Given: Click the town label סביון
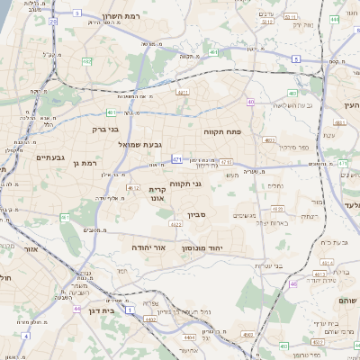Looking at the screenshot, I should coord(197,216).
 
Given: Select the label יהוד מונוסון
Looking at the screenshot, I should coord(202,247).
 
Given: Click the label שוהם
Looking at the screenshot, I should coord(347,300).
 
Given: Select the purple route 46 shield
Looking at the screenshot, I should coord(293,283).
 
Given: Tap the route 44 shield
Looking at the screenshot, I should coord(76,308).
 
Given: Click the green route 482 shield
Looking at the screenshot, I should coord(87,60).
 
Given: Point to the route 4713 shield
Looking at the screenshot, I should coord(226,162).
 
